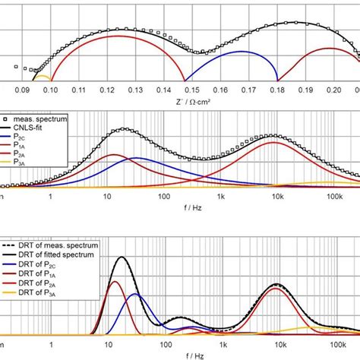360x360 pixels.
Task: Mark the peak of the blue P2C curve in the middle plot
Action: [136, 158]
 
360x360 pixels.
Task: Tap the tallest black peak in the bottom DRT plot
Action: [119, 258]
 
